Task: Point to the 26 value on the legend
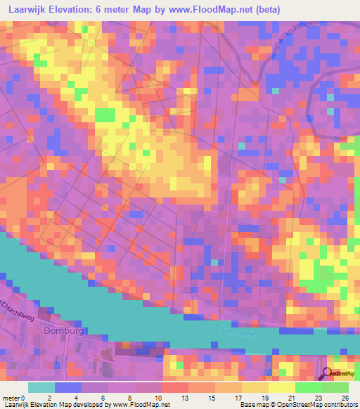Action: tap(344, 397)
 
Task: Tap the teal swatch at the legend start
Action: tap(41, 387)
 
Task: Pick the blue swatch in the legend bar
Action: tap(67, 387)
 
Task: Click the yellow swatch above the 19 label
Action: tap(255, 387)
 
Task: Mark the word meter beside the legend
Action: tap(12, 397)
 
